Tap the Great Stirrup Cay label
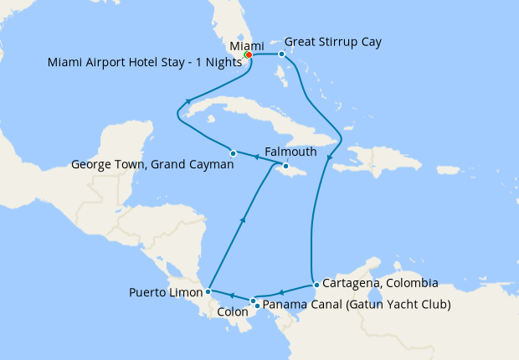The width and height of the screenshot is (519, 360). tap(333, 42)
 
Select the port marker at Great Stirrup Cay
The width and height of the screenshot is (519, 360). tap(282, 54)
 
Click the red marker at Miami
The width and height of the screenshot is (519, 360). tap(249, 55)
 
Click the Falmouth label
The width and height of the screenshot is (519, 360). tap(290, 152)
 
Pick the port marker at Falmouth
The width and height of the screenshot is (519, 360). tap(285, 167)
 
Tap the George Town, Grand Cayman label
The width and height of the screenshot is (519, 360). tap(152, 165)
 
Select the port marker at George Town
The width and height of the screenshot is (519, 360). tap(233, 153)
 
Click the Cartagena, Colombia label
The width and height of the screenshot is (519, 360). tap(380, 284)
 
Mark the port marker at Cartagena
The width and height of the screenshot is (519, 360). tap(316, 285)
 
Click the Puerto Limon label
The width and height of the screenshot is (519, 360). tap(167, 292)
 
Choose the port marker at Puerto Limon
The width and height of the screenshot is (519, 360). tap(208, 292)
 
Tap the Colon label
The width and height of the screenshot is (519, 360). tap(232, 312)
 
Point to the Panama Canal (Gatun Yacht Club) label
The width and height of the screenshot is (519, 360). tap(357, 304)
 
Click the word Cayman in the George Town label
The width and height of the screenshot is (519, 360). tap(210, 165)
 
